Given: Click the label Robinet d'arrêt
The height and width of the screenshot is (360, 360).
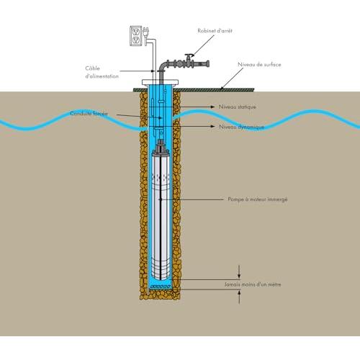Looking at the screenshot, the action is (215, 31).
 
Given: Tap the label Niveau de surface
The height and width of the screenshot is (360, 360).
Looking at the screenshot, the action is (259, 65).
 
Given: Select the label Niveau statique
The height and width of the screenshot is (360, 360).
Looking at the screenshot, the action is (238, 107).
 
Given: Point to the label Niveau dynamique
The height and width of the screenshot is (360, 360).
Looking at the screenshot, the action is (242, 127).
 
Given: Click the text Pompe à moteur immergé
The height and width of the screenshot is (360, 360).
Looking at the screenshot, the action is (258, 199).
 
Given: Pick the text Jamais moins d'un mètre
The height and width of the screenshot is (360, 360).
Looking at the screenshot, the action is (253, 284).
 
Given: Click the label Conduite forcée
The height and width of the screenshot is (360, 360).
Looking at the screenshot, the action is (89, 113).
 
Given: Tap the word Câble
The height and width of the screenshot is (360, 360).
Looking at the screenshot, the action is (92, 68).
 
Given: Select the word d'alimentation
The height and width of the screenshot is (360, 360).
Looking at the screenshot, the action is (102, 76).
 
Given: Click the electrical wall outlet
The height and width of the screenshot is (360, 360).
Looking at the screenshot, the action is (136, 36).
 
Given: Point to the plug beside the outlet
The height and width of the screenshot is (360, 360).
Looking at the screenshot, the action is (146, 32).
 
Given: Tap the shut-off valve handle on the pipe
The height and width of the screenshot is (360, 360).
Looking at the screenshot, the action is (189, 55).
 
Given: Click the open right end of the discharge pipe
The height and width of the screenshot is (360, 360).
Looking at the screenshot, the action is (208, 64).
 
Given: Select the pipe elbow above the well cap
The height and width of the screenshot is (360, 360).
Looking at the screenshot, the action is (162, 67).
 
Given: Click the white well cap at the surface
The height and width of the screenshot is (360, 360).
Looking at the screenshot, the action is (160, 82).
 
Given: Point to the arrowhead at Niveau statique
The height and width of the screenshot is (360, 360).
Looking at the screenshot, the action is (212, 107).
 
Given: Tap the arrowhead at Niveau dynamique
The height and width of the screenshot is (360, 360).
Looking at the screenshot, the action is (212, 126).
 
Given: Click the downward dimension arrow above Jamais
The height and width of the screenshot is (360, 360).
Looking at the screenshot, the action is (239, 272).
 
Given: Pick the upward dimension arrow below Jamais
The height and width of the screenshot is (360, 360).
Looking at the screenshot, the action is (239, 297).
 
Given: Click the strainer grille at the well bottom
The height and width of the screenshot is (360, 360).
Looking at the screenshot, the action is (160, 287).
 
